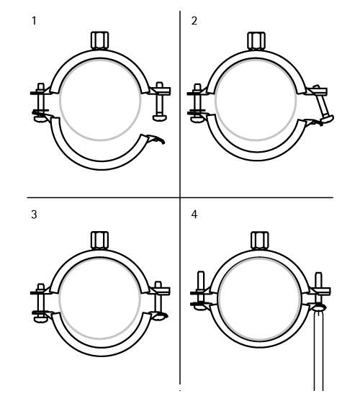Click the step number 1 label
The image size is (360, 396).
coord(35,21)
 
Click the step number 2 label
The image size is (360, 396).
coord(194,21)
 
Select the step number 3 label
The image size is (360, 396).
coord(34,215)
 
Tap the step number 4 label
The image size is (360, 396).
coord(194,215)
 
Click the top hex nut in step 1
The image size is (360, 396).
coord(100,40)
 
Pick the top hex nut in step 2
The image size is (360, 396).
coord(256,41)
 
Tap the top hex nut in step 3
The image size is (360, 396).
coord(99,240)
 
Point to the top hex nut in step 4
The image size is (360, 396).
coord(260,241)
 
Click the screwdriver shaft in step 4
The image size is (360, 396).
coord(318,351)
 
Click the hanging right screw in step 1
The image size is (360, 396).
coord(160,102)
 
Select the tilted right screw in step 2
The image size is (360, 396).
coord(323,104)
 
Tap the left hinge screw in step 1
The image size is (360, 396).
coord(41,102)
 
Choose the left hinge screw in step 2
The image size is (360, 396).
coord(197,103)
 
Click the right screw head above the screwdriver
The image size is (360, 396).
coord(319,307)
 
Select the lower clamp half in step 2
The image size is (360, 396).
coord(257,140)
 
